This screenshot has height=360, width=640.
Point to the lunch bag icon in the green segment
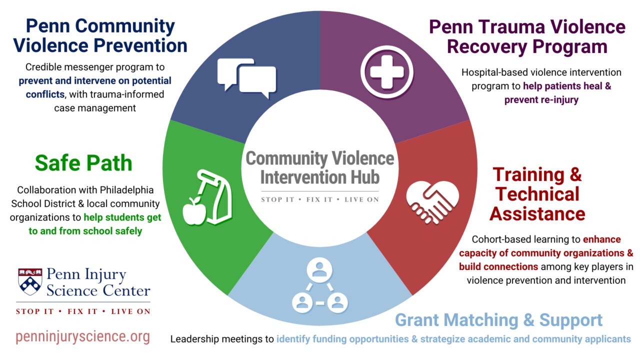pyautogui.click(x=214, y=195)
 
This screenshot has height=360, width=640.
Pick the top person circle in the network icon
pyautogui.click(x=319, y=270)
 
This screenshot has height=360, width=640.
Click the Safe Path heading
pyautogui.click(x=83, y=163)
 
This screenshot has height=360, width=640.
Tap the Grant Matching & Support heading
pyautogui.click(x=498, y=320)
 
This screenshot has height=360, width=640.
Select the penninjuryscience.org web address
pyautogui.click(x=83, y=337)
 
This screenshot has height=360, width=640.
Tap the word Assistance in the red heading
pyautogui.click(x=537, y=213)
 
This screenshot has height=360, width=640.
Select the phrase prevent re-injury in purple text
pyautogui.click(x=541, y=100)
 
